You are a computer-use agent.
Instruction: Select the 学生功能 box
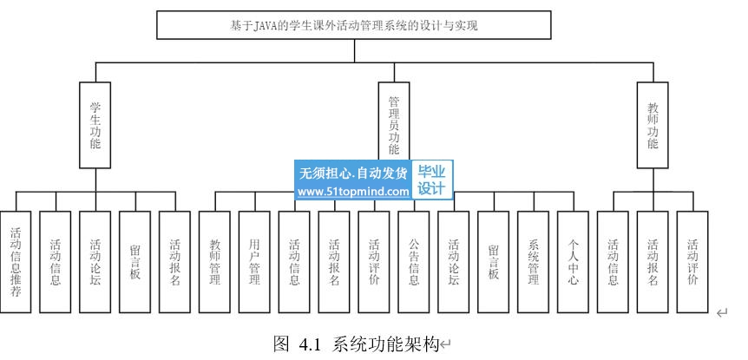click(x=95, y=125)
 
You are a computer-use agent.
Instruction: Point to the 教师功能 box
click(x=653, y=125)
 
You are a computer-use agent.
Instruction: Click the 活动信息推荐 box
click(x=16, y=261)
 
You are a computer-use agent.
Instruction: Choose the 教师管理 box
click(x=215, y=261)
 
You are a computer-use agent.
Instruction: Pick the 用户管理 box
click(x=255, y=261)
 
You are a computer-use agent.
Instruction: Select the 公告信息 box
click(x=414, y=261)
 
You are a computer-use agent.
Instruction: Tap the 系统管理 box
click(x=533, y=261)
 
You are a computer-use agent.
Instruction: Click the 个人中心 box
click(x=573, y=261)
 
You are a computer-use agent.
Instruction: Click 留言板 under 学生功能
click(x=135, y=261)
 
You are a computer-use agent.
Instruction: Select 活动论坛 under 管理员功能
click(x=454, y=261)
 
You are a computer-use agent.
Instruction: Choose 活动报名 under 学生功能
click(x=175, y=261)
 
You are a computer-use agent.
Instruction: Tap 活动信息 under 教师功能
click(x=613, y=261)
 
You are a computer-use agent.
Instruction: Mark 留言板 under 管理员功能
click(x=494, y=261)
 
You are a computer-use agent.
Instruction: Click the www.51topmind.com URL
click(x=353, y=192)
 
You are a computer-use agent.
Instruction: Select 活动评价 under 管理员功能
click(x=374, y=261)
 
